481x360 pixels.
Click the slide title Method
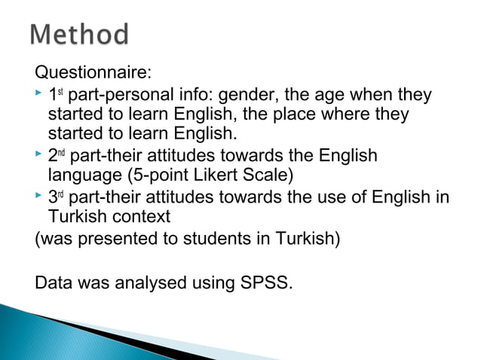(x=80, y=35)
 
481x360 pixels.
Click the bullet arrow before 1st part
(x=39, y=96)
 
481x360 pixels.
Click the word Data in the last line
(x=52, y=285)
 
